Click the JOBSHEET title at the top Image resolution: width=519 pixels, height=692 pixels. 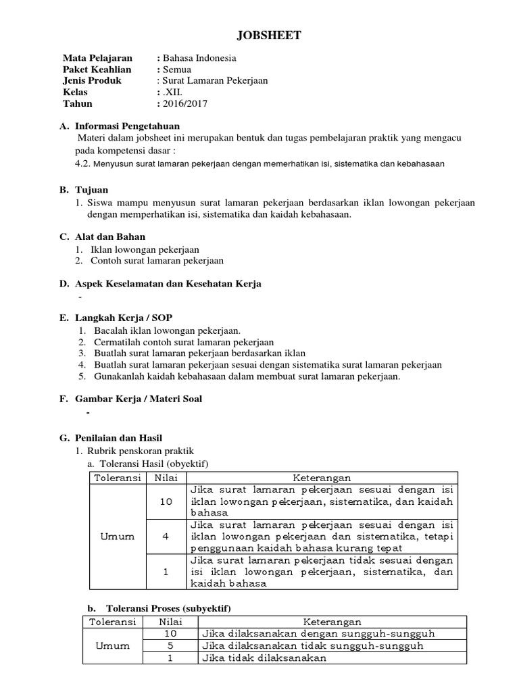coord(259,35)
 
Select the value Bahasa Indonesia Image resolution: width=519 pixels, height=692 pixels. coord(199,58)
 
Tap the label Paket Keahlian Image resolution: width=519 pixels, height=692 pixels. coord(97,70)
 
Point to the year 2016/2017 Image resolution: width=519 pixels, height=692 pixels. coord(185,104)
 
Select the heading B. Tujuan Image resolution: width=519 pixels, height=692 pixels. coord(84,191)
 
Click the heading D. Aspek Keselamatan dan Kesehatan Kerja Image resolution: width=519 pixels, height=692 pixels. coord(160,284)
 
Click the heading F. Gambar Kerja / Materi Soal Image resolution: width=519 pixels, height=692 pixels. coord(130,399)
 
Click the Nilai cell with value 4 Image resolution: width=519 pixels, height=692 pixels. coord(166,537)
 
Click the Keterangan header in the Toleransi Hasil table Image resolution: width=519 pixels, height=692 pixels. coord(322,478)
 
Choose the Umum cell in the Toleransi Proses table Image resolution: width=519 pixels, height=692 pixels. coord(113,646)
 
